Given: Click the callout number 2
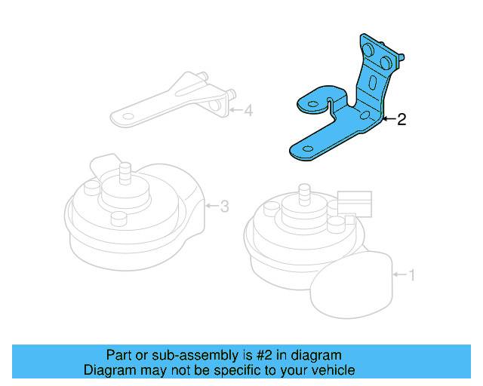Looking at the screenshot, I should [x=401, y=119].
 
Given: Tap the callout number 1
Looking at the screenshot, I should [x=411, y=275].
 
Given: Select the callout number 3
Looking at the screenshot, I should [x=224, y=206].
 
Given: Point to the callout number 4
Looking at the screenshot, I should [x=248, y=112].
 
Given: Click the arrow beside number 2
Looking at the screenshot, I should [x=388, y=119].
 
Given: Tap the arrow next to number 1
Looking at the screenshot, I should [x=398, y=275].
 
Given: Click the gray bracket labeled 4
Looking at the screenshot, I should [x=174, y=102].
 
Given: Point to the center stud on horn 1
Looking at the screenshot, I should [x=303, y=194].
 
